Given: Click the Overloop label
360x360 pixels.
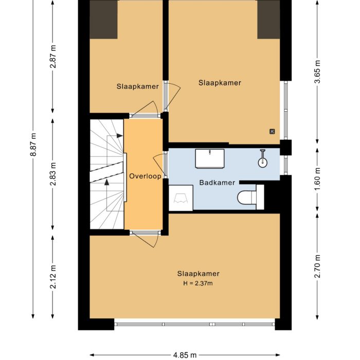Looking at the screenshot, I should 145,176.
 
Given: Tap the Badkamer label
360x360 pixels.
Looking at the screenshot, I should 217,183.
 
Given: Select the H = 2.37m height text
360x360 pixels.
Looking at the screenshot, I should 195,283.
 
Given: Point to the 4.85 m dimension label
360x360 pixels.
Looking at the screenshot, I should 185,355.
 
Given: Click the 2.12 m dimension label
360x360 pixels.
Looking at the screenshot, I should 53,277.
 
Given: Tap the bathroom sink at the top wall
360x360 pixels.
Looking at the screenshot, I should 210,158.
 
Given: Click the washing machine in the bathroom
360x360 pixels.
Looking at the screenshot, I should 181,198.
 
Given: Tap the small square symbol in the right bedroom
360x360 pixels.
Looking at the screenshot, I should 272,131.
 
